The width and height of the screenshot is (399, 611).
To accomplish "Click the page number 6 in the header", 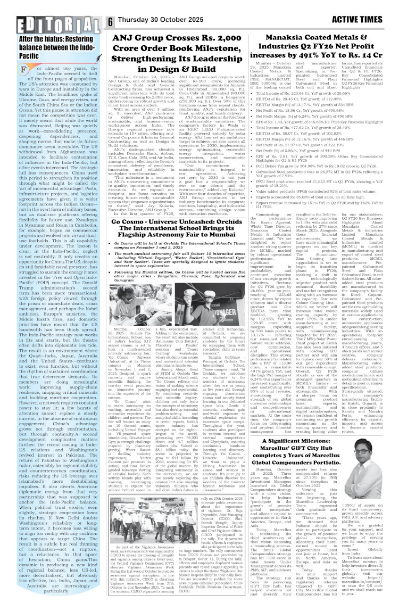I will [x=110, y=22].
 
